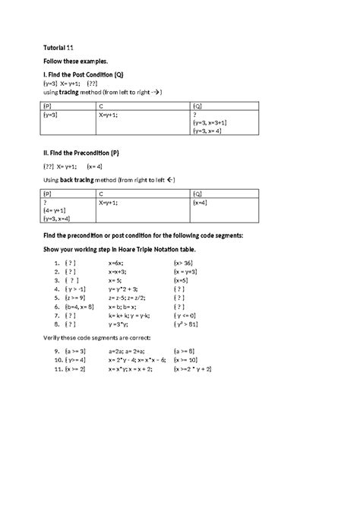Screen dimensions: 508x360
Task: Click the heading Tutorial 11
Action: click(x=56, y=45)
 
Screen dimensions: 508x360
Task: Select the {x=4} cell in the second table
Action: click(x=200, y=203)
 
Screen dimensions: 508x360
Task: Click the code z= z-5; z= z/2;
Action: click(x=128, y=298)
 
